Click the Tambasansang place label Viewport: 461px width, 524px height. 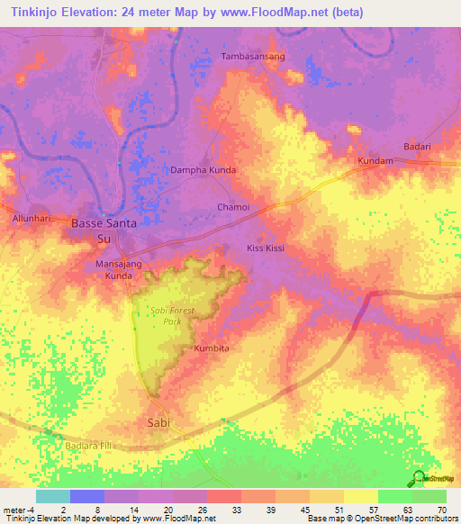pyautogui.click(x=253, y=56)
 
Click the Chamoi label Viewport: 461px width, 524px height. pyautogui.click(x=233, y=207)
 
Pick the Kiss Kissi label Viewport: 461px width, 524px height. pyautogui.click(x=266, y=247)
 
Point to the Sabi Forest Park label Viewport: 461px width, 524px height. pyautogui.click(x=172, y=315)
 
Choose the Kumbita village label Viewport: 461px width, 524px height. pyautogui.click(x=212, y=348)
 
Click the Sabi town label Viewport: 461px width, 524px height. pyautogui.click(x=158, y=421)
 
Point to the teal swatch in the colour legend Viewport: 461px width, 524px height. pyautogui.click(x=53, y=496)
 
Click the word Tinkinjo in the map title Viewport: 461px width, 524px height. pyautogui.click(x=36, y=12)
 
